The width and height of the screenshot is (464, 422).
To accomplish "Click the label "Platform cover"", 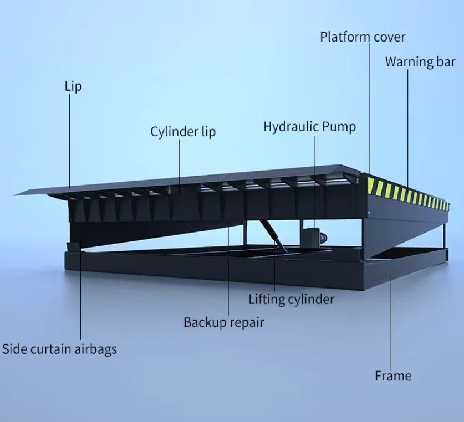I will tap(363, 37).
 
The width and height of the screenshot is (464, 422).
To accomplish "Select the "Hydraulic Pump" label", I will tap(309, 126).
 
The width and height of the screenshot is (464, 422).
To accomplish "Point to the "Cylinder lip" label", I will tap(183, 132).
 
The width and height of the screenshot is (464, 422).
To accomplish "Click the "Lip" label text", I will tap(73, 86).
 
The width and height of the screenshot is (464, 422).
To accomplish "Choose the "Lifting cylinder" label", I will tap(291, 300).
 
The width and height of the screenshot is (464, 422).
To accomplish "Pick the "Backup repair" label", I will tap(224, 322).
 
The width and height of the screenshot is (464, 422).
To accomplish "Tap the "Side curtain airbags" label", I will tap(59, 349).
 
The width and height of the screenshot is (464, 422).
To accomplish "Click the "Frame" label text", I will tap(393, 376).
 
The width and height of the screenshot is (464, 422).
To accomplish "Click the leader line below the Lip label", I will tap(70, 138).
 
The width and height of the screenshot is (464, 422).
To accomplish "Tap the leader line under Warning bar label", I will tap(409, 127).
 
